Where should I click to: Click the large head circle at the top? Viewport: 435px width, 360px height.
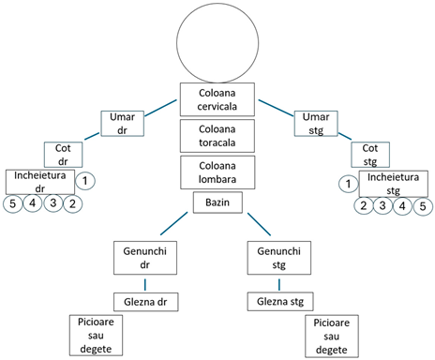(217, 43)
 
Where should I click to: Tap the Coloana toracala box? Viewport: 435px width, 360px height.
(217, 136)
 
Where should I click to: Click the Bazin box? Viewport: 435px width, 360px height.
(217, 202)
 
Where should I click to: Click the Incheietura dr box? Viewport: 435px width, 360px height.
(39, 181)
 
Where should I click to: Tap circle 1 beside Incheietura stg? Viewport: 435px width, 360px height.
(347, 183)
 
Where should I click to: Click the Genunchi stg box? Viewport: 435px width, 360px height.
(278, 258)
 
